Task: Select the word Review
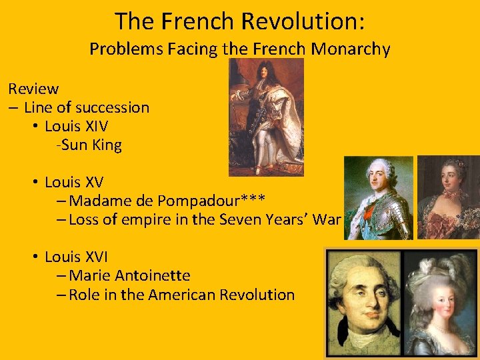pos(33,89)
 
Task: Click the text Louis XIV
pos(77,126)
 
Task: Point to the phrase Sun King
pos(91,145)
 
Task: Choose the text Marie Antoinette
pos(129,275)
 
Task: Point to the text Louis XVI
pos(77,257)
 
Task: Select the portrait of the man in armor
pos(378,197)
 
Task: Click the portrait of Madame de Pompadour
pos(448,197)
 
